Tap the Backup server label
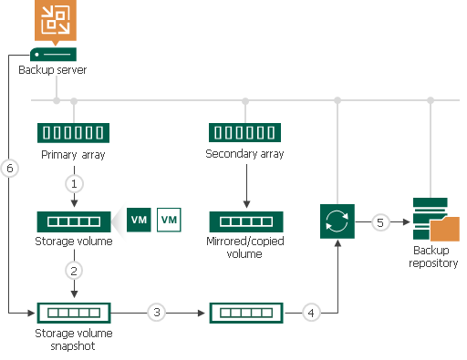click(x=54, y=70)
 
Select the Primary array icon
click(x=73, y=132)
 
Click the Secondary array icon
click(x=245, y=132)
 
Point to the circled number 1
click(x=73, y=182)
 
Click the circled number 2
click(x=73, y=271)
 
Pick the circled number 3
click(x=157, y=313)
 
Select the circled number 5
click(x=381, y=221)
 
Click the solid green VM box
click(x=139, y=220)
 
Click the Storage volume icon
click(x=73, y=221)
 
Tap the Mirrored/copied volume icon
click(x=245, y=221)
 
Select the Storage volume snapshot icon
click(x=73, y=313)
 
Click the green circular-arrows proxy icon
click(x=337, y=221)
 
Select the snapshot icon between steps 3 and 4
click(x=245, y=313)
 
